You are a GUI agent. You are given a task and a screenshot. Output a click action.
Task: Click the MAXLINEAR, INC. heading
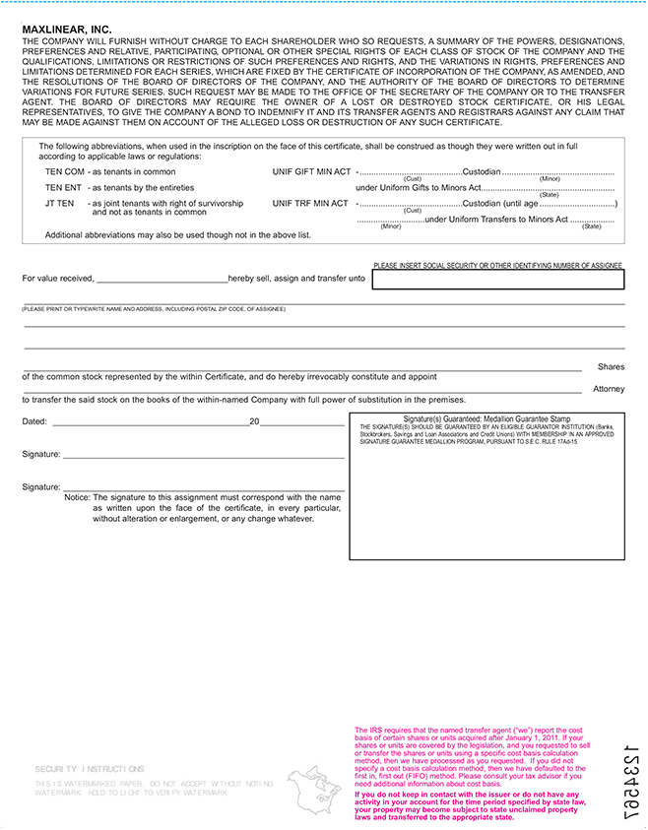coord(67,31)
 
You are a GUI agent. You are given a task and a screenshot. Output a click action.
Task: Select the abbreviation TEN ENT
coord(64,187)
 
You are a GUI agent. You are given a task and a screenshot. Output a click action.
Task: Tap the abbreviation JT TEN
coord(60,203)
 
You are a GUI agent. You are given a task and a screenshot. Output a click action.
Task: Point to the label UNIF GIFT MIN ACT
coord(310,171)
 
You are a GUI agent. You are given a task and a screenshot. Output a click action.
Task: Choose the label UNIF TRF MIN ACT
coord(310,203)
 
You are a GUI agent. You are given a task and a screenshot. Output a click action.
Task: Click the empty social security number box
coord(497,280)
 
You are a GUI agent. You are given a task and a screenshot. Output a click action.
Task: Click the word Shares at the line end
coord(611,367)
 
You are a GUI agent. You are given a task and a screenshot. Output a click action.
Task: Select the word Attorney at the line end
coord(609,389)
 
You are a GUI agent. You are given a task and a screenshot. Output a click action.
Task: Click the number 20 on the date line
coord(254,421)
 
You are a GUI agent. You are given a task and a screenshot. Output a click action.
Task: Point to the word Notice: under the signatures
coord(77,497)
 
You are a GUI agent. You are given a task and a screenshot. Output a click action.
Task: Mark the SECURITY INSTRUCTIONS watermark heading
coord(90,769)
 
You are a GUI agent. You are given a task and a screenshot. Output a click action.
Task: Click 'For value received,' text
coord(58,279)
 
